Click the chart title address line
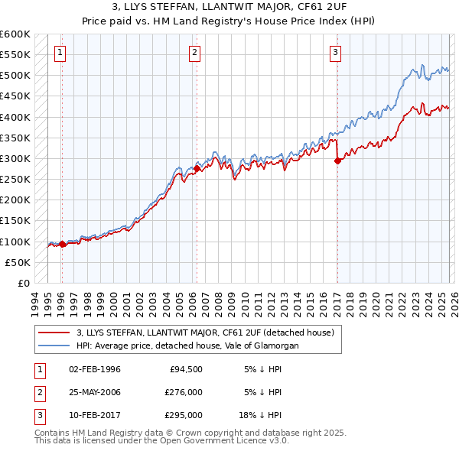tap(229, 6)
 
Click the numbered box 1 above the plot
tap(60, 52)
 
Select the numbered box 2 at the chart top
tap(195, 52)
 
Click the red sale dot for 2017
tap(337, 161)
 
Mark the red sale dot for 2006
tap(197, 168)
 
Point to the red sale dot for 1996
tap(62, 244)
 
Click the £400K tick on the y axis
tap(15, 117)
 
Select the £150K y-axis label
tap(15, 221)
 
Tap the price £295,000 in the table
tap(184, 415)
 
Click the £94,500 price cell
tap(186, 369)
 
